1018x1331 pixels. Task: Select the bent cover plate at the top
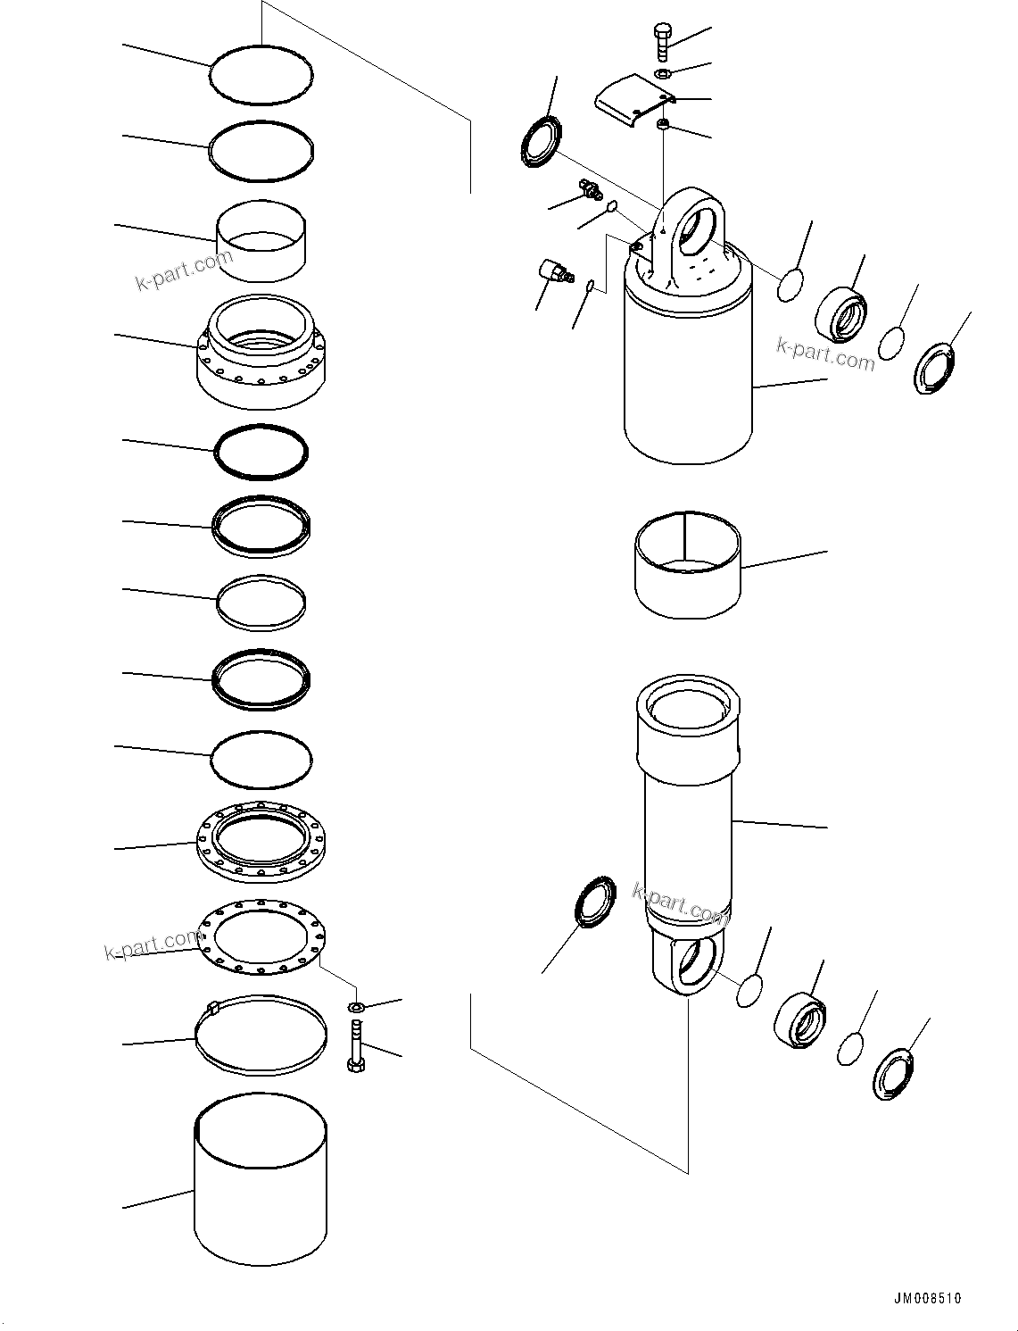[x=633, y=98]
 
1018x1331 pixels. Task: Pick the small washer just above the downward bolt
[x=355, y=1008]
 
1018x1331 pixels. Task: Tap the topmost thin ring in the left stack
[x=261, y=76]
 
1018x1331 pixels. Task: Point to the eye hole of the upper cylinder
[x=699, y=223]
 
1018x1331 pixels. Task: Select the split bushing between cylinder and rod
[x=688, y=564]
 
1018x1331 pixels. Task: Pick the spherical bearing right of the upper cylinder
[x=840, y=314]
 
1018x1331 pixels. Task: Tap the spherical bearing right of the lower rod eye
[x=799, y=1019]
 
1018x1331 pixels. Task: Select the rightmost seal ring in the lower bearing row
[x=892, y=1076]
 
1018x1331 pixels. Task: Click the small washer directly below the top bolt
[x=661, y=73]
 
